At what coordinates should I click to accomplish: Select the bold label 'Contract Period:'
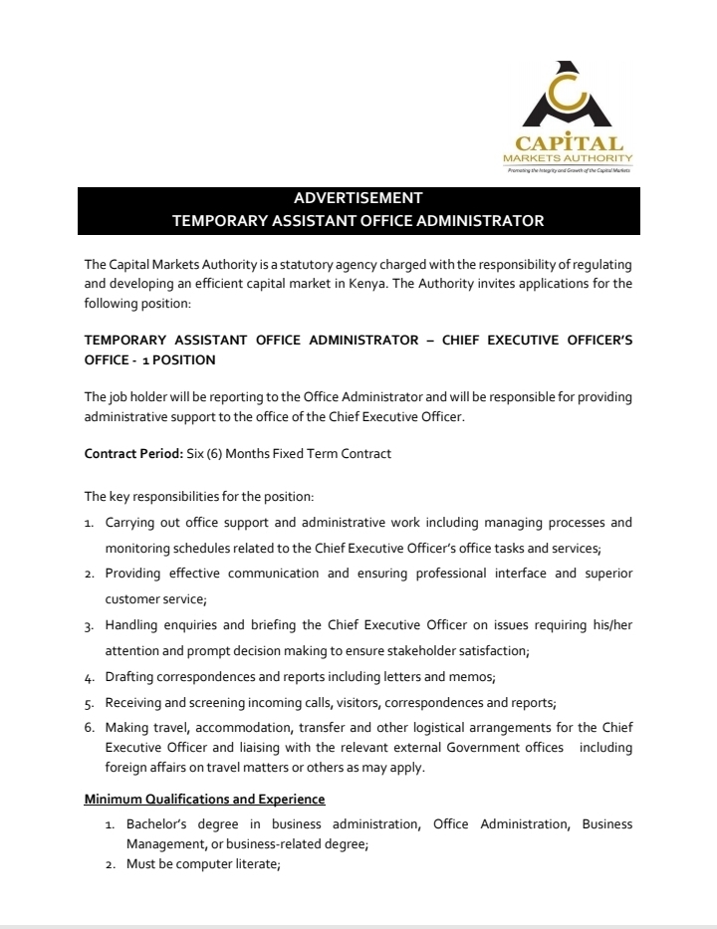coord(132,454)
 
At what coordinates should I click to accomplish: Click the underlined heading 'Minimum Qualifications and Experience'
coord(204,799)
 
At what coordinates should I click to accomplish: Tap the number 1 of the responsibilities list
coord(89,523)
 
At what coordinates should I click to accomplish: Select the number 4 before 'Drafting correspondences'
coord(89,677)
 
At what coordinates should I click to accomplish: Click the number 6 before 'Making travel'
coord(89,728)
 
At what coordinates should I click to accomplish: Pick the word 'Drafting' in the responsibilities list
coord(130,677)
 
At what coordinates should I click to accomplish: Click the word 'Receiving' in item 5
coord(134,703)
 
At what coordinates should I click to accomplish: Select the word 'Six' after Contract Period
coord(196,454)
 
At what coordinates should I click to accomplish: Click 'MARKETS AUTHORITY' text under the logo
coord(568,159)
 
